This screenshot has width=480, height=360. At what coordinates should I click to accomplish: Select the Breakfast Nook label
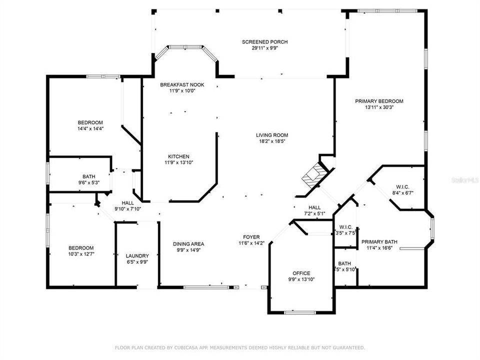tap(182, 85)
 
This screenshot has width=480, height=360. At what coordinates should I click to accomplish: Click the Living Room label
tap(272, 135)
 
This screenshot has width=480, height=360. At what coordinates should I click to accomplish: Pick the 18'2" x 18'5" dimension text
tap(272, 141)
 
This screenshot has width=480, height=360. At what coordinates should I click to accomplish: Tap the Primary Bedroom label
tap(379, 101)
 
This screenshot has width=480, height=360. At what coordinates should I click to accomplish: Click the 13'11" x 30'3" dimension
tap(379, 107)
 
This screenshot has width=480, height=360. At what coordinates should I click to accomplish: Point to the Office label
tap(301, 273)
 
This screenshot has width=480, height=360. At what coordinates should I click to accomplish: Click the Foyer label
tap(251, 237)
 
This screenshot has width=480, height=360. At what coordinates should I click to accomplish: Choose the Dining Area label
tap(188, 244)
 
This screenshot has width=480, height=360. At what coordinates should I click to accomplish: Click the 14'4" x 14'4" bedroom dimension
tap(90, 129)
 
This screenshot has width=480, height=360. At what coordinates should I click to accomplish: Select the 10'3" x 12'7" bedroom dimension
tap(81, 254)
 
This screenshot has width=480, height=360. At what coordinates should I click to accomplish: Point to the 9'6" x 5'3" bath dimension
tap(89, 182)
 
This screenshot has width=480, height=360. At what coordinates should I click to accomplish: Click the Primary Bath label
tap(379, 241)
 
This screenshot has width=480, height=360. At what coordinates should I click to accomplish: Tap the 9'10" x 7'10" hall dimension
tap(127, 209)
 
